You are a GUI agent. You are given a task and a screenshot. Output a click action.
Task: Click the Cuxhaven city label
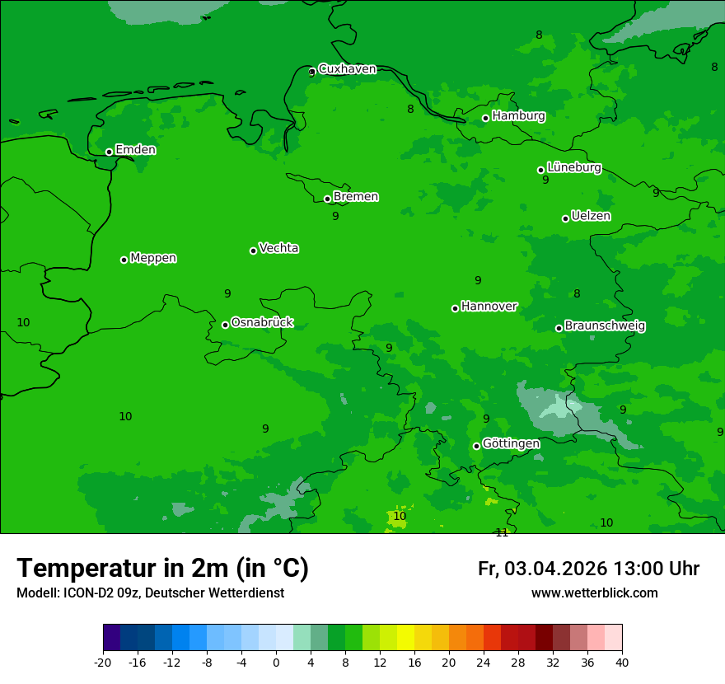click(347, 69)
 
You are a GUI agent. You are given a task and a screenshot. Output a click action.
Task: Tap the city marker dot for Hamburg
click(486, 118)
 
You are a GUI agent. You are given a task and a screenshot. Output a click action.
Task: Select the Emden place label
click(135, 150)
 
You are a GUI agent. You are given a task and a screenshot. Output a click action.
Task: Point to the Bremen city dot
click(327, 199)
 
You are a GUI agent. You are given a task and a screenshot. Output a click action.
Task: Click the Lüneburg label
click(573, 167)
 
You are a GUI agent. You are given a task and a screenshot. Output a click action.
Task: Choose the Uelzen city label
click(591, 216)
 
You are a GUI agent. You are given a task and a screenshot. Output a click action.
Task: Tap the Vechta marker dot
click(253, 251)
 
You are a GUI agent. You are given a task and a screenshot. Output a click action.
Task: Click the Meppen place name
click(153, 258)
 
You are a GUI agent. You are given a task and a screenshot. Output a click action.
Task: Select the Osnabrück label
click(262, 322)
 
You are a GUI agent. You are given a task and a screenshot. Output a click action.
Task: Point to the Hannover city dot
click(455, 308)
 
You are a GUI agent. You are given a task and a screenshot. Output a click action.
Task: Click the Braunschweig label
click(605, 326)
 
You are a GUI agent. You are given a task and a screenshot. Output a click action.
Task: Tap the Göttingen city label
click(511, 443)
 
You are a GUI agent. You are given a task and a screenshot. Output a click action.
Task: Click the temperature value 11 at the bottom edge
click(502, 532)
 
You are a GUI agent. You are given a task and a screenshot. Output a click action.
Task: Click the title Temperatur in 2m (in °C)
click(162, 568)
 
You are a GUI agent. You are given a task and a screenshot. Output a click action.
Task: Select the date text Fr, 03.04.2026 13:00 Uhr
click(588, 569)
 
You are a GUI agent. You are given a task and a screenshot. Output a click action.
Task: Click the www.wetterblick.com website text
click(594, 593)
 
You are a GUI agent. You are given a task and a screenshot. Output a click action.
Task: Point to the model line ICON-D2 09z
click(150, 593)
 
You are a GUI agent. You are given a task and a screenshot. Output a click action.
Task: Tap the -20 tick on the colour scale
click(103, 662)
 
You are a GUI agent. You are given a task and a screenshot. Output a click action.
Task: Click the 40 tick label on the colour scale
click(622, 662)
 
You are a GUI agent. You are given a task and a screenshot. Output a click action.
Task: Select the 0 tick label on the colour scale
click(276, 662)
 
